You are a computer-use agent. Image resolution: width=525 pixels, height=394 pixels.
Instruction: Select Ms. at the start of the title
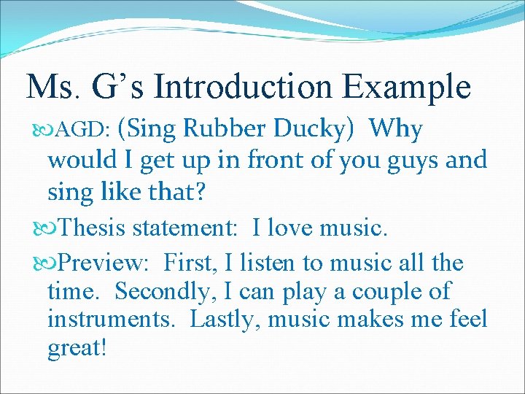pos(53,87)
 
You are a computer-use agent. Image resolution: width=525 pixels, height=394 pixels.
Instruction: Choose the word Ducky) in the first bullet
pos(316,130)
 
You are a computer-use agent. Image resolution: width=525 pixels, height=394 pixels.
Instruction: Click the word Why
pos(396,130)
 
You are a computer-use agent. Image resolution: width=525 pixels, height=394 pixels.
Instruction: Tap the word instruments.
pos(114,320)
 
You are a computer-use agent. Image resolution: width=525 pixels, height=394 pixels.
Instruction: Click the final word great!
pos(77,347)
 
